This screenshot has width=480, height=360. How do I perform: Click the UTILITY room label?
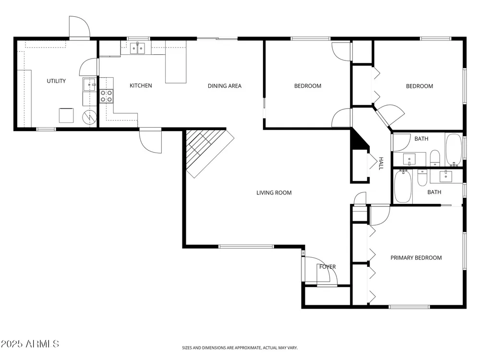[x=56, y=81]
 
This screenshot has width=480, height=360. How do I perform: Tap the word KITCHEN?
[x=141, y=85]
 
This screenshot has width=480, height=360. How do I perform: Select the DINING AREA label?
[x=225, y=86]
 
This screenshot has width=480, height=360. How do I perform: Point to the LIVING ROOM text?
[x=274, y=192]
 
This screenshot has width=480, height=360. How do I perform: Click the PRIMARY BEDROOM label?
[x=416, y=258]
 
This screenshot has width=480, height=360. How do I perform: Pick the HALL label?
[x=381, y=164]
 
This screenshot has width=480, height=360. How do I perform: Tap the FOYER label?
[x=327, y=266]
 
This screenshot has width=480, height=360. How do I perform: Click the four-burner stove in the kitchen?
[x=106, y=96]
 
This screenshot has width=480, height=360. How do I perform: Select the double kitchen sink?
[x=137, y=48]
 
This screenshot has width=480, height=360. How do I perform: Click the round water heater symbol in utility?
[x=89, y=117]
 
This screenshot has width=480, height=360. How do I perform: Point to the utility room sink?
[x=89, y=84]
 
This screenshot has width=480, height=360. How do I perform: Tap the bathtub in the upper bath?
[x=454, y=150]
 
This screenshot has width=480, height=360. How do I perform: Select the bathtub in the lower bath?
[x=403, y=186]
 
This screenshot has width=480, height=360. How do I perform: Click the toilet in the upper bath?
[x=435, y=157]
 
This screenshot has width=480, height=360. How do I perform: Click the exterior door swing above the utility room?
[x=80, y=27]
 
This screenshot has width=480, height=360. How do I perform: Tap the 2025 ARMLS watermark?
[x=30, y=344]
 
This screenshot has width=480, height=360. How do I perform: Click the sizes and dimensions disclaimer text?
[x=240, y=348]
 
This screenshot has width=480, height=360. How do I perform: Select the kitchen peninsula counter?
[x=176, y=62]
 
